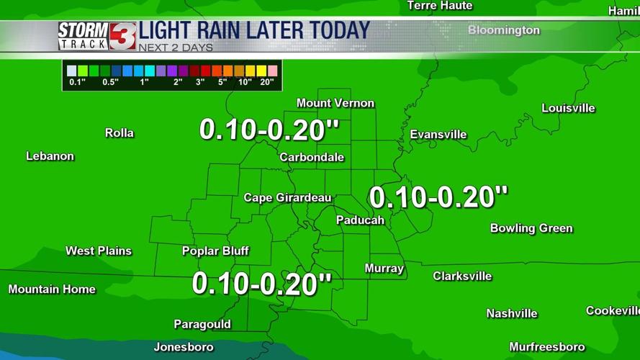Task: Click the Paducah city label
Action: coord(360,220)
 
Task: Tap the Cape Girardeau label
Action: coord(287,198)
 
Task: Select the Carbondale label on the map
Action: coord(312,157)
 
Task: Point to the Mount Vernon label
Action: coord(335,103)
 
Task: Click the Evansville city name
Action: coord(438,135)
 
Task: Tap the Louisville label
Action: coord(568,108)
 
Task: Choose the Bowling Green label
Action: coord(531,228)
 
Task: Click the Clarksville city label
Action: coord(462,276)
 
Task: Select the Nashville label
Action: coord(512,313)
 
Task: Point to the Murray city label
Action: coord(384,269)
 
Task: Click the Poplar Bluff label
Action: coord(215,251)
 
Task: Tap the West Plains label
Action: coord(99,251)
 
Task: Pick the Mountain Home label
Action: coord(52,289)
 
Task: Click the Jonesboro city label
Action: coord(184,347)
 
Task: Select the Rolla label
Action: coord(120,133)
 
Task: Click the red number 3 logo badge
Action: coord(122,35)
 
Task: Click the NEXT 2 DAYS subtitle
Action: coord(176,48)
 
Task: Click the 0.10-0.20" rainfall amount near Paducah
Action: coord(438,197)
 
